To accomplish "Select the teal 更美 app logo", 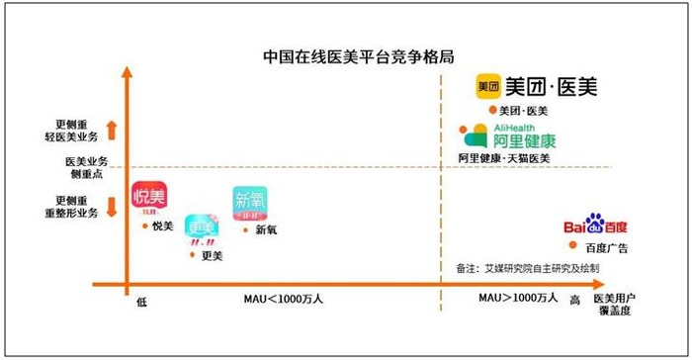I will pos(203,224).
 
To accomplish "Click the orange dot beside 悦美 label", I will pos(144,226).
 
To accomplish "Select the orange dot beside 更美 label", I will pos(192,255).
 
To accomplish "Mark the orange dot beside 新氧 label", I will pos(245,230).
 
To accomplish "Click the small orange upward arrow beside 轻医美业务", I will pos(111,129).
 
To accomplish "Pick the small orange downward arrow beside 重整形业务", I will pos(111,206).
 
